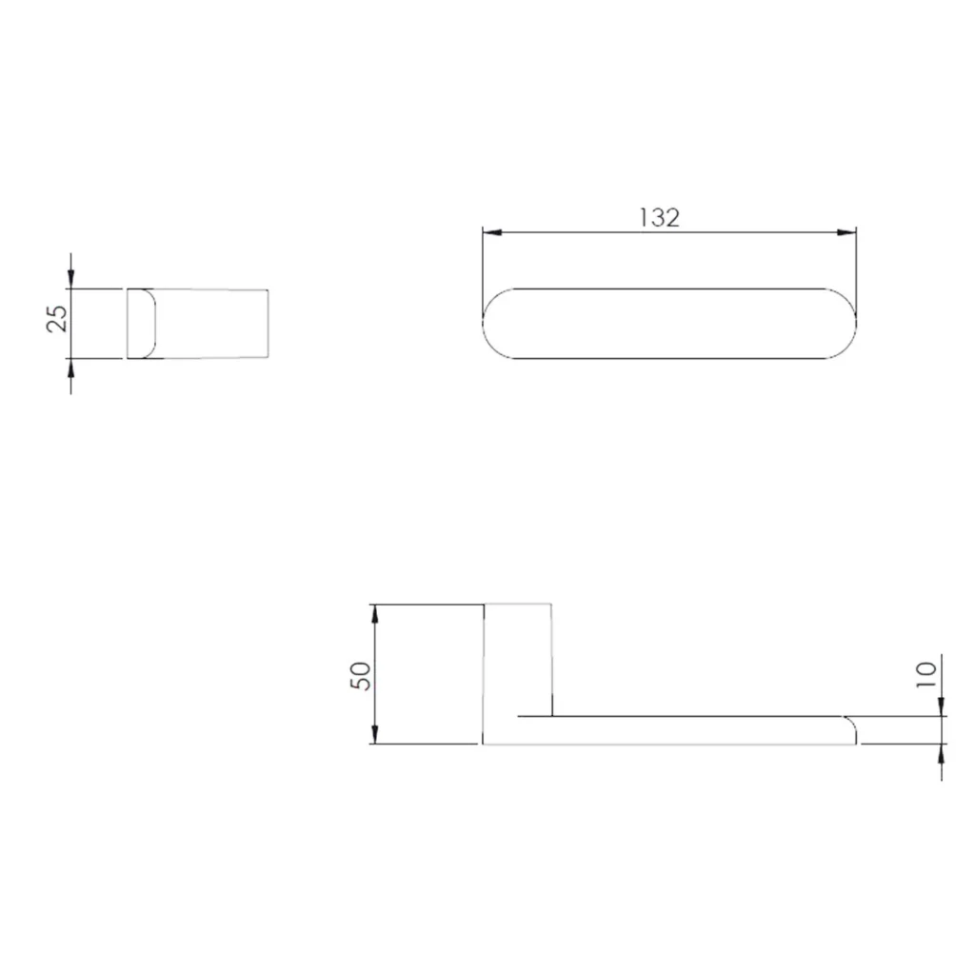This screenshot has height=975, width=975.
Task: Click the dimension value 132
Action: [659, 218]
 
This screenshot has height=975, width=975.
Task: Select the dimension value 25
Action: [57, 318]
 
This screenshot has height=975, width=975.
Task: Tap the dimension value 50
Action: [361, 676]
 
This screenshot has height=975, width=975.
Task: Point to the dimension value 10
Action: [925, 674]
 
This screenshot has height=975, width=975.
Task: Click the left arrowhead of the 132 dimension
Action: [492, 232]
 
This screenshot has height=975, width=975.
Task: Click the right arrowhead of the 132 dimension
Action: [846, 232]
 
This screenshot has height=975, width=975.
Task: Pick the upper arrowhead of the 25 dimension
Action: [70, 279]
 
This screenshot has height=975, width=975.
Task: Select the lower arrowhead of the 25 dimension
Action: [70, 368]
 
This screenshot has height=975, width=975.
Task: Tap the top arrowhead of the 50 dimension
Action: [374, 614]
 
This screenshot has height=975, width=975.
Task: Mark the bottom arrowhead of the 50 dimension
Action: [374, 734]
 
